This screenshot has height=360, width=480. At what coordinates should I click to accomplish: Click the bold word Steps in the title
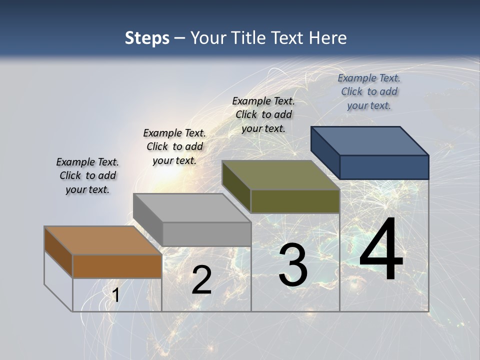[147, 38]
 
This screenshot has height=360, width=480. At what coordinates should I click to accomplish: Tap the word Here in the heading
[328, 38]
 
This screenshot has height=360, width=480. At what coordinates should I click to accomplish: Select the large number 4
[381, 250]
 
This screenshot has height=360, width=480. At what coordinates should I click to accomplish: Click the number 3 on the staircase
[293, 265]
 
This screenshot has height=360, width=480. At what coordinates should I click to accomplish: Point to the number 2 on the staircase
[201, 280]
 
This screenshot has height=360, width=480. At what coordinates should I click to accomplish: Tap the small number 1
[115, 295]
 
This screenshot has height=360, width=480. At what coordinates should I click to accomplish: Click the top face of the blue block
[370, 140]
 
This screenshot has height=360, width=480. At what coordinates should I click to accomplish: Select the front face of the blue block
[384, 167]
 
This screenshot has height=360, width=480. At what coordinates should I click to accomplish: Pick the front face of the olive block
[295, 201]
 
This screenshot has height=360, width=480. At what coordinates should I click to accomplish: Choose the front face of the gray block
[206, 234]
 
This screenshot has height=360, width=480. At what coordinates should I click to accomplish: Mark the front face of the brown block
[117, 266]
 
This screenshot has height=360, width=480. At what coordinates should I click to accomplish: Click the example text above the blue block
[369, 91]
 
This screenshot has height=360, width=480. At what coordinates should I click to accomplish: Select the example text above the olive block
[263, 114]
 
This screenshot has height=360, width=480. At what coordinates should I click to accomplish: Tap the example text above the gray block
[174, 146]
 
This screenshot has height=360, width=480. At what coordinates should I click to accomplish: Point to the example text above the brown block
[87, 175]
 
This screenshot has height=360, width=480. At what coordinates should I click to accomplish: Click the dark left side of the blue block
[325, 152]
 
